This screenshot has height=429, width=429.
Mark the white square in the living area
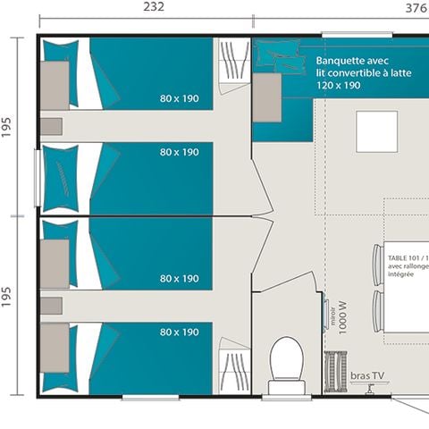coord(376,130)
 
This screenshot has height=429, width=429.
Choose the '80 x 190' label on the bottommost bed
coord(180,332)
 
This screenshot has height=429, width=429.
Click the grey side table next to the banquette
coord(266,97)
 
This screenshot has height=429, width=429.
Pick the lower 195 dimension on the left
coord(8,304)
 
